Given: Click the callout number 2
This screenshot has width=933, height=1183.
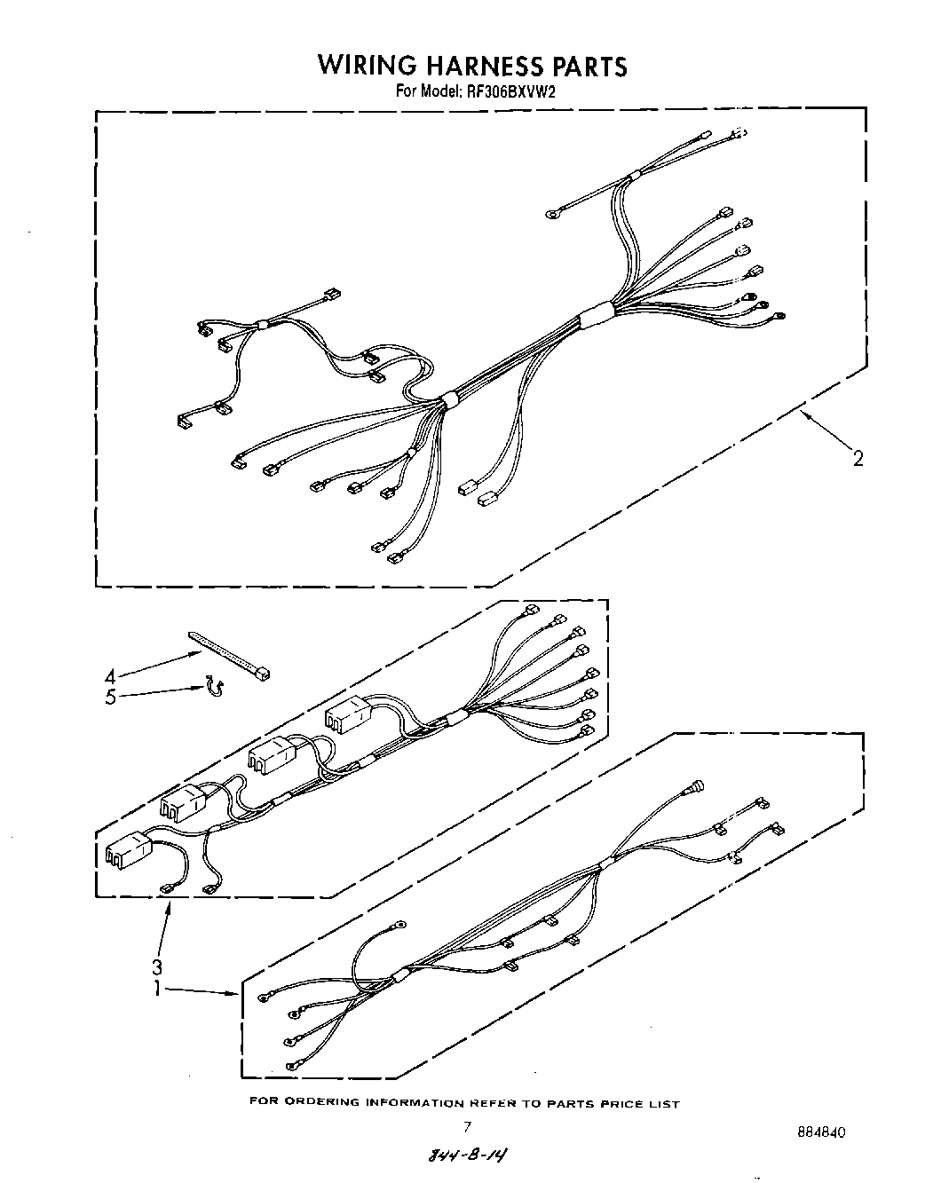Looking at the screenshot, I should point(858,458).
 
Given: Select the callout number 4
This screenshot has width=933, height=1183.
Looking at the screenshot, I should point(110,675).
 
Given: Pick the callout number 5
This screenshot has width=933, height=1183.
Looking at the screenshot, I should point(110,697).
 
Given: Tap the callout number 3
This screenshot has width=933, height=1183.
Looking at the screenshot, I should point(156,966).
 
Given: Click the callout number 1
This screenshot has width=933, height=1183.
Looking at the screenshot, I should point(156,987).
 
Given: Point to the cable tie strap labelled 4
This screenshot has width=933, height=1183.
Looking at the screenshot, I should point(229,658).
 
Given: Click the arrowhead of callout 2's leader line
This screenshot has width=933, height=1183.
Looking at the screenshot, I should point(802,414).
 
